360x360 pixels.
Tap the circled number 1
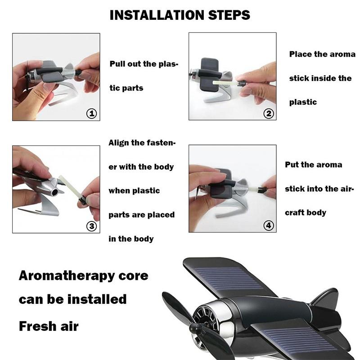tap(91, 113)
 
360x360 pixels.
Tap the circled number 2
tap(269, 113)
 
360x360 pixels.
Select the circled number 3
tap(91, 226)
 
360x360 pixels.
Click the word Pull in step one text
tap(119, 64)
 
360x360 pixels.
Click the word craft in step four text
tap(295, 212)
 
